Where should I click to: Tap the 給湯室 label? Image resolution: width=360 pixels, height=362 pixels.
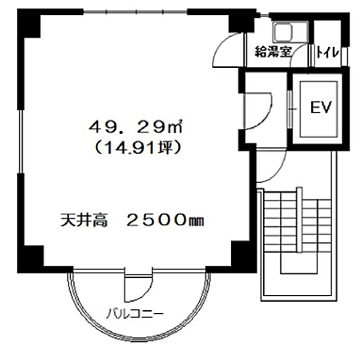pyautogui.click(x=273, y=53)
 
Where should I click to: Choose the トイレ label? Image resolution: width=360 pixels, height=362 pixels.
pyautogui.click(x=328, y=53)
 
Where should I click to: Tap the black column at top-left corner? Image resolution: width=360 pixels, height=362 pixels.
pyautogui.click(x=31, y=25)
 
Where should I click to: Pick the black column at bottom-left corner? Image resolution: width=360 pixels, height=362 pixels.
pyautogui.click(x=31, y=255)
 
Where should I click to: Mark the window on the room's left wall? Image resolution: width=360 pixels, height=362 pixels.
pyautogui.click(x=21, y=141)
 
